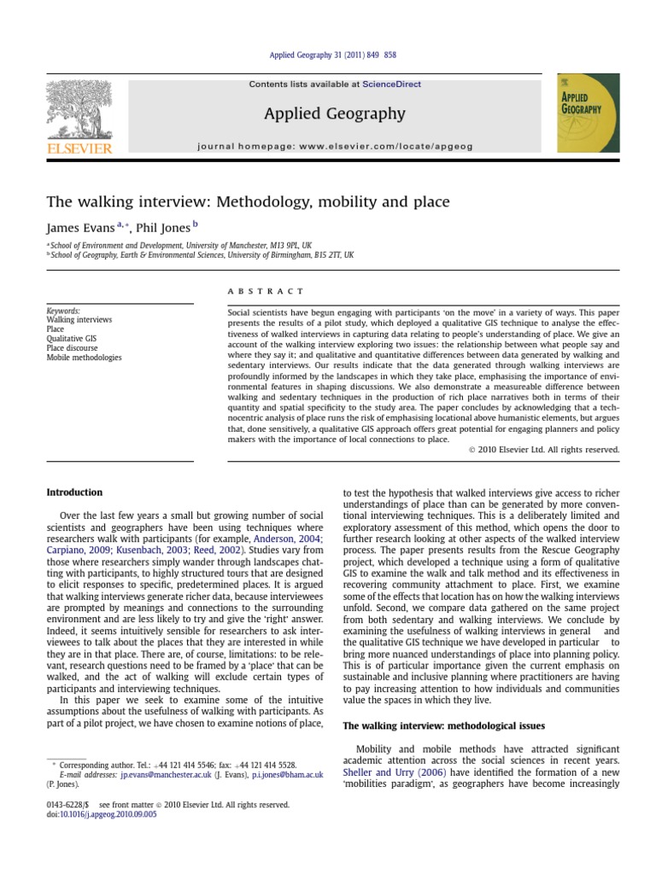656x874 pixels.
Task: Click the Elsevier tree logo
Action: [78, 110]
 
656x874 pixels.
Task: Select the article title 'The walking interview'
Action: [248, 202]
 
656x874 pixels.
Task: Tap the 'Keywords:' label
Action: [63, 312]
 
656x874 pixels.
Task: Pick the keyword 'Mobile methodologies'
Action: [84, 358]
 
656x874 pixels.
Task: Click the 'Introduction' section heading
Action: [74, 492]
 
